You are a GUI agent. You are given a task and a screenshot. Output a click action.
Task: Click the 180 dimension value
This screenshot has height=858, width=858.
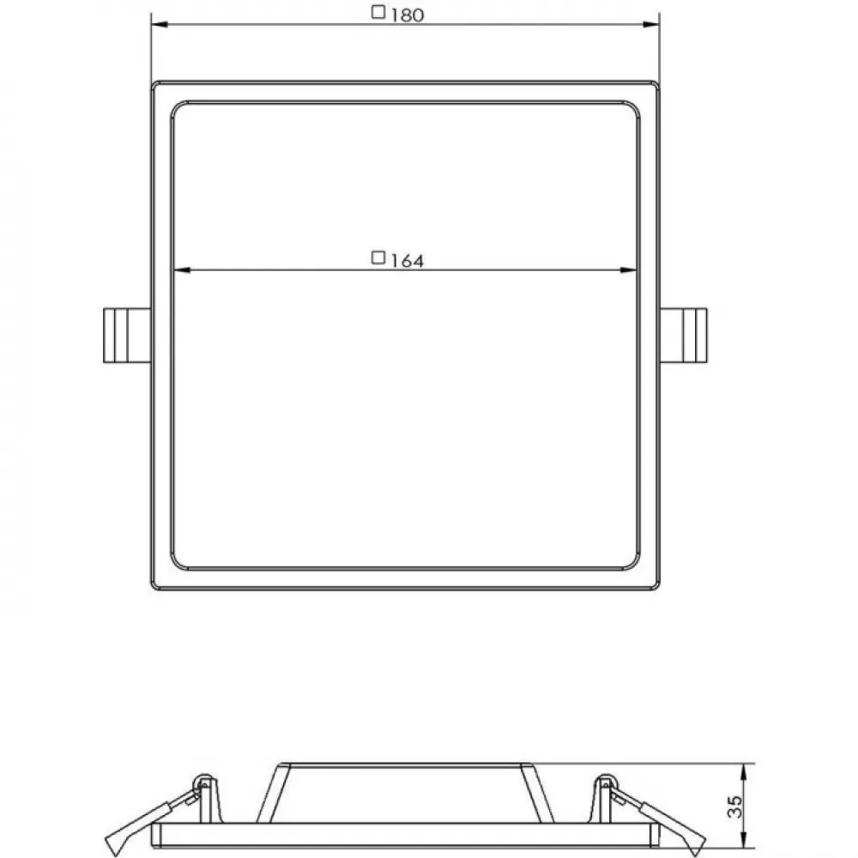click(x=408, y=15)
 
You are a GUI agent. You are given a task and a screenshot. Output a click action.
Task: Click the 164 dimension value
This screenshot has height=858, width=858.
click(x=408, y=261)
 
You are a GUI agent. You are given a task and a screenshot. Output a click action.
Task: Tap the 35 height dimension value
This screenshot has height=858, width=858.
click(x=735, y=807)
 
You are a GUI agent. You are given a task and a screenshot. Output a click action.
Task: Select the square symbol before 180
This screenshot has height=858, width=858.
click(x=378, y=11)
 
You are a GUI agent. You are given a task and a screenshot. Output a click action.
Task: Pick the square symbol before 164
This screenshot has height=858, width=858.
click(x=378, y=257)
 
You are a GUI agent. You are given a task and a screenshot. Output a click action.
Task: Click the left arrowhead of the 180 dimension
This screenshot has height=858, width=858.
click(x=160, y=25)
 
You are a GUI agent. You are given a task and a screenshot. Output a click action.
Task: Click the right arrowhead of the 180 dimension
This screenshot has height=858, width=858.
click(x=651, y=25)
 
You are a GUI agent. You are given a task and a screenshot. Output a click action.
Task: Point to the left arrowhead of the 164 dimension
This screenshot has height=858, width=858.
click(x=181, y=269)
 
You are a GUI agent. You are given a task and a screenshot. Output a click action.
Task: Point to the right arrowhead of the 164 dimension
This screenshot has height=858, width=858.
click(x=629, y=269)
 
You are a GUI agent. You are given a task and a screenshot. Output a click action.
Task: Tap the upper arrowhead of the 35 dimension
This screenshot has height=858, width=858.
click(x=744, y=771)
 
